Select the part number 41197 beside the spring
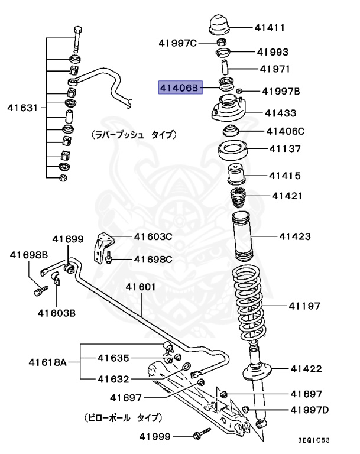(x=304, y=306)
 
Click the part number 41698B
(x=28, y=255)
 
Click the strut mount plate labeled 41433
(x=227, y=112)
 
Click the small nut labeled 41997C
(x=177, y=43)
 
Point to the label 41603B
(x=57, y=313)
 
